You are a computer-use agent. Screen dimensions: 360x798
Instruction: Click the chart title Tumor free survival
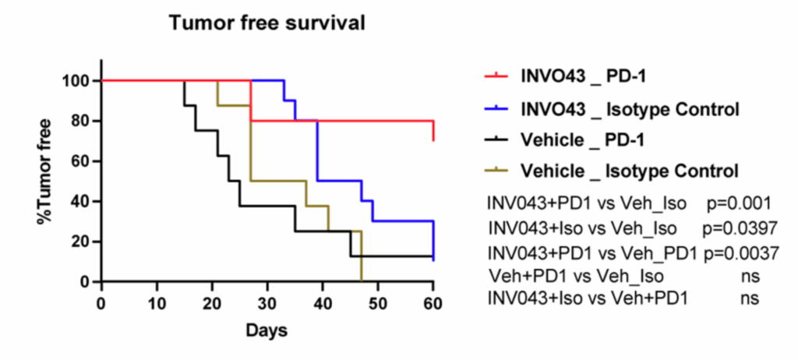[267, 24]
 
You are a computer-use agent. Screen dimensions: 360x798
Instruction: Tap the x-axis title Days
[267, 330]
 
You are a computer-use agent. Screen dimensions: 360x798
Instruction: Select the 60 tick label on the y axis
[81, 161]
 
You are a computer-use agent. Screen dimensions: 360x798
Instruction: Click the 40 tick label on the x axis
[323, 302]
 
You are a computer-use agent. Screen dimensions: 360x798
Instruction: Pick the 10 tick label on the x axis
[157, 302]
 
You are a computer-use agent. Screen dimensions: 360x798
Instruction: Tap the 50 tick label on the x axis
[378, 302]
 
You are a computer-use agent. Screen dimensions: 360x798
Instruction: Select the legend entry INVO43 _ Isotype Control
[630, 108]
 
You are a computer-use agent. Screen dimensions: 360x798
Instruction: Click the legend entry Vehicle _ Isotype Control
[629, 170]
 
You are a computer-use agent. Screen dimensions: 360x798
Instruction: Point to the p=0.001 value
[739, 203]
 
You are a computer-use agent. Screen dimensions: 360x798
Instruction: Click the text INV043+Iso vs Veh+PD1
[588, 298]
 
